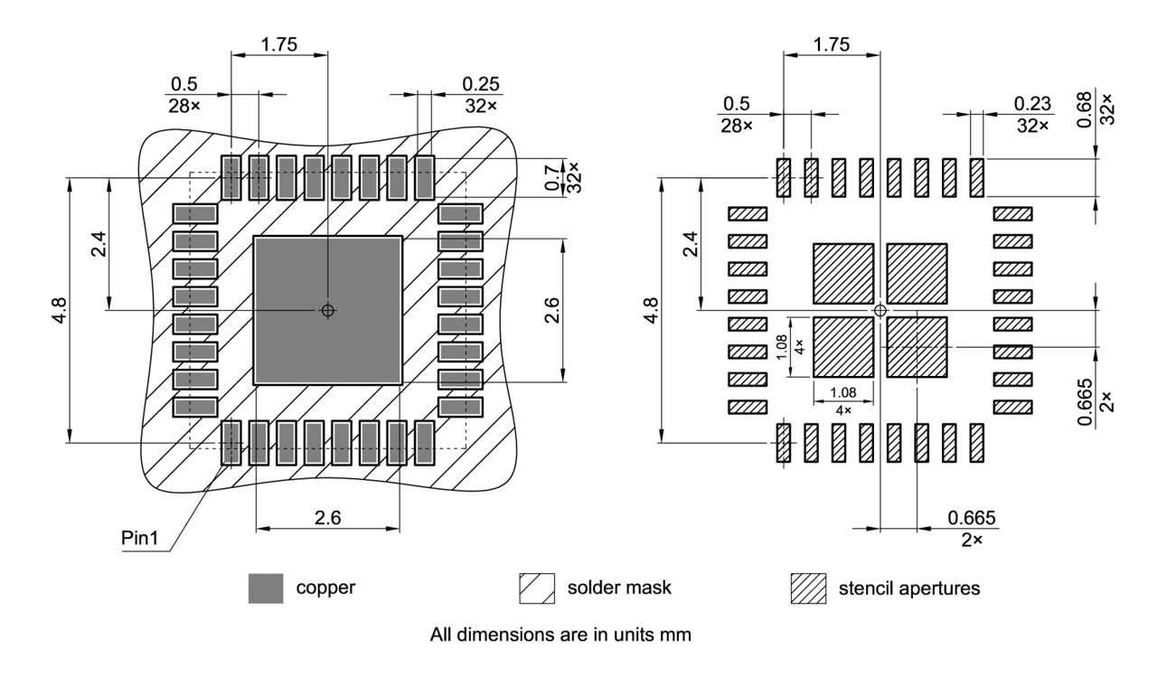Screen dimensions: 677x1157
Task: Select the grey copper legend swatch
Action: (266, 588)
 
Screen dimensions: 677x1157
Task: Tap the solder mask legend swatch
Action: (536, 588)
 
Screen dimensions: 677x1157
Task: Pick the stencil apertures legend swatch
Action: (808, 588)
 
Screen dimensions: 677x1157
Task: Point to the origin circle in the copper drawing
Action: (327, 310)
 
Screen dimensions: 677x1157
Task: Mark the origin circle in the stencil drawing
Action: (880, 310)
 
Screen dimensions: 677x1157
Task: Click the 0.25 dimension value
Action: (481, 83)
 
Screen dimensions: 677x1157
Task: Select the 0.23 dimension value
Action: (1033, 104)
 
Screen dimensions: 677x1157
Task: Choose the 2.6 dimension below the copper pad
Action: (327, 518)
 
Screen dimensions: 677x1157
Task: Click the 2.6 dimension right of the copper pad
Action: (551, 309)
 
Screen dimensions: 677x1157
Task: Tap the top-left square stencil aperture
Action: (843, 273)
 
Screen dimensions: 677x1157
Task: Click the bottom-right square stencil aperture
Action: (917, 346)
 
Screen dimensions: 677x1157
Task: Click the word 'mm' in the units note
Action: (678, 635)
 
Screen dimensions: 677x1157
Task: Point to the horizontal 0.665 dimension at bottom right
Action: (972, 518)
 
